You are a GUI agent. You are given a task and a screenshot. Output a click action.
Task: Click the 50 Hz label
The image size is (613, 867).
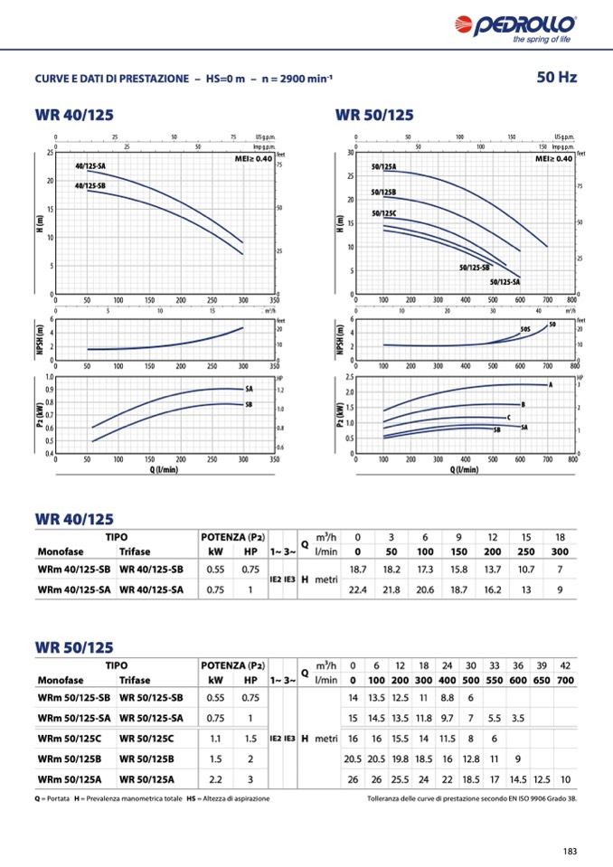[556, 77]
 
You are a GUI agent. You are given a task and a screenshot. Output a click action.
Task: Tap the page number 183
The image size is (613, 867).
[570, 850]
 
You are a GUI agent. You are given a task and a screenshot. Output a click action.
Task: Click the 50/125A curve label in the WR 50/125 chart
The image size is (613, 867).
[384, 167]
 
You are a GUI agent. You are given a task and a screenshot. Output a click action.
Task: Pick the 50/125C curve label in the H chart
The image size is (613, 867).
[384, 213]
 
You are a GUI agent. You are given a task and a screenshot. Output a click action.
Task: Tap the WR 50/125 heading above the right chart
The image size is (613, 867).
[374, 115]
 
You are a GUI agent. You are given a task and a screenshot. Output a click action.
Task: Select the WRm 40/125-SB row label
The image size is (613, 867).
[74, 569]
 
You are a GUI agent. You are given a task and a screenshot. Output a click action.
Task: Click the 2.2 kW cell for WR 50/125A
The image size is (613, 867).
[216, 778]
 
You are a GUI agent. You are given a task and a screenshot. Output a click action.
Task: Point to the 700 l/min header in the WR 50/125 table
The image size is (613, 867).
[565, 681]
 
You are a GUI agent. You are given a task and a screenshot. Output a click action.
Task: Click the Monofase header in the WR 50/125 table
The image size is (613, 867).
[61, 681]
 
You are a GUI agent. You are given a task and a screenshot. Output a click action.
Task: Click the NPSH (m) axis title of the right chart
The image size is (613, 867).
[340, 339]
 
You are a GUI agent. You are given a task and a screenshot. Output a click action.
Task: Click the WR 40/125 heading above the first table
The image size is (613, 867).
[75, 519]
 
